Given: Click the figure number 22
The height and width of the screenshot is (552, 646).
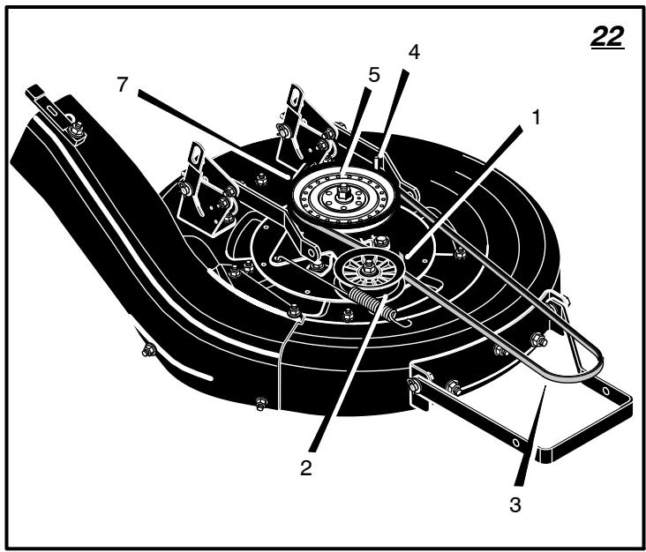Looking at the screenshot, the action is pos(607,37).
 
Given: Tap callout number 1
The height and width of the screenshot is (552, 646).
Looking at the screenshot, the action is pos(536,117).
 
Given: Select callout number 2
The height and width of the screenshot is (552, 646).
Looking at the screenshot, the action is pos(305,468).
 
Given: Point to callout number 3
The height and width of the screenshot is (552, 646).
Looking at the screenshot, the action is pos(515,504).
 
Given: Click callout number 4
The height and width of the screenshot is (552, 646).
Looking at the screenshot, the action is pos(414,52).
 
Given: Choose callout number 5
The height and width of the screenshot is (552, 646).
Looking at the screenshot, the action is pos(374,75).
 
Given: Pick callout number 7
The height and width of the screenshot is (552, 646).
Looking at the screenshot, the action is pos(123,85).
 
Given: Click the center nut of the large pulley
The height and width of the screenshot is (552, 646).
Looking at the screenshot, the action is pos(343,192).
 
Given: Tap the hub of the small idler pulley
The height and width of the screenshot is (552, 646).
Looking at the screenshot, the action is pos(368,268).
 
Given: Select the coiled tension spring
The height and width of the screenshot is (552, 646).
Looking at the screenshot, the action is pos(372,304).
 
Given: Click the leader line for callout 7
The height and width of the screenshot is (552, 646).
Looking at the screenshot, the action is pos(214,135).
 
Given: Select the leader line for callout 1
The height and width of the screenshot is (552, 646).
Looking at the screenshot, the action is pos(463,192).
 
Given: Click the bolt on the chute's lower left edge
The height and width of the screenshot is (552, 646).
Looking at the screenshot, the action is pos(148,350).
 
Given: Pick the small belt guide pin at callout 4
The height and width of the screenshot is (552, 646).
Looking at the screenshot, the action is pos(379,160).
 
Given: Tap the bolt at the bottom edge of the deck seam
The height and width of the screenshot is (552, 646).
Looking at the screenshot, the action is pos(261,403).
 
